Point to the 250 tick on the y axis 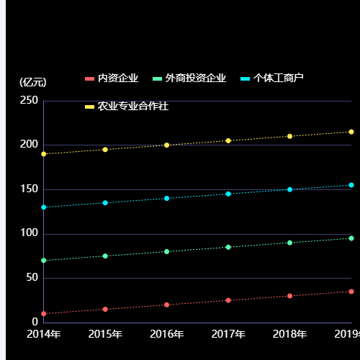[x=29, y=101]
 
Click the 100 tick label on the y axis [x=29, y=233]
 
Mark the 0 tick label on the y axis [x=34, y=322]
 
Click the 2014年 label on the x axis [x=44, y=334]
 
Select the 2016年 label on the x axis [x=167, y=334]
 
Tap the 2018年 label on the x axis [x=290, y=334]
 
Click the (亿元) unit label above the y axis [x=33, y=82]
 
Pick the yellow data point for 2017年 [x=228, y=140]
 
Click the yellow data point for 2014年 [x=44, y=154]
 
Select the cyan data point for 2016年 [x=167, y=198]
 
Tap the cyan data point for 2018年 [x=290, y=189]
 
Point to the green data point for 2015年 [x=105, y=256]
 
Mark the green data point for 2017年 [x=228, y=247]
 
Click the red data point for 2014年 [x=44, y=313]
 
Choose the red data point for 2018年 [x=290, y=296]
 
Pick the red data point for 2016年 [x=167, y=305]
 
